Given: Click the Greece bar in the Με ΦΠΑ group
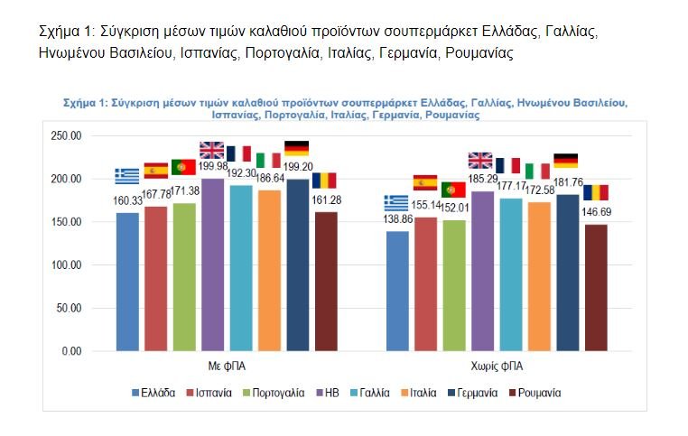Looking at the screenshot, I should click(127, 282).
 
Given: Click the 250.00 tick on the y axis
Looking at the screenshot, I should click(67, 136).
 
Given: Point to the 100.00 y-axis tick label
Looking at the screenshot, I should click(67, 265).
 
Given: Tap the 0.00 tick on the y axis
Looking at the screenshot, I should click(72, 351).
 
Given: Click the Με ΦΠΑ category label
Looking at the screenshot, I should click(226, 367).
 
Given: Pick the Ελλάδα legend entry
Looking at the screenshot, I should click(153, 394).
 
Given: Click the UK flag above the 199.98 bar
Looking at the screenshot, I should click(211, 150).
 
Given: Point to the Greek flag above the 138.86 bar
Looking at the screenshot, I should click(395, 201).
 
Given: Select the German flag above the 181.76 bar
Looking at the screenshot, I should click(565, 161).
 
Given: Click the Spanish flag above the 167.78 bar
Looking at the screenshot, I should click(156, 171).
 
